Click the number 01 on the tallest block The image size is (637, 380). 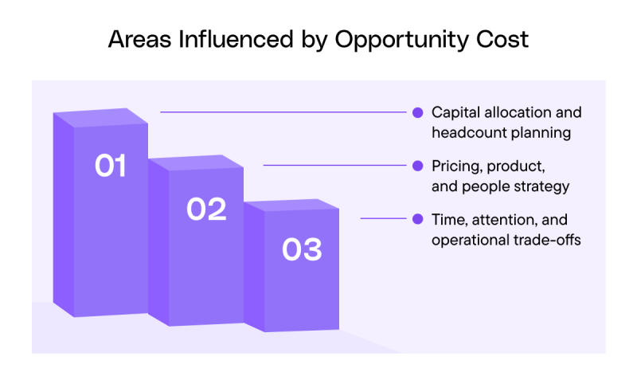click(111, 166)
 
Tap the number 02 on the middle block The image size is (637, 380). click(206, 210)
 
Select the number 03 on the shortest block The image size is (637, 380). click(302, 249)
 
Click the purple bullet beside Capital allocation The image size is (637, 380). click(417, 112)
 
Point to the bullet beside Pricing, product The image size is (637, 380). click(417, 166)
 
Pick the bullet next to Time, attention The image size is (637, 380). click(417, 219)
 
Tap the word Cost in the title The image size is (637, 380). click(502, 39)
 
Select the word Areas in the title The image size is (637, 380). click(139, 39)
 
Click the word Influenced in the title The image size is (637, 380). click(236, 39)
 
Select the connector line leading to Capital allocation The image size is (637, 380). click(283, 112)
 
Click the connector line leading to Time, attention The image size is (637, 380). click(383, 218)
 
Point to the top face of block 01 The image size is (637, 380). click(101, 117)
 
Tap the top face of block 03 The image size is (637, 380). click(291, 206)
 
